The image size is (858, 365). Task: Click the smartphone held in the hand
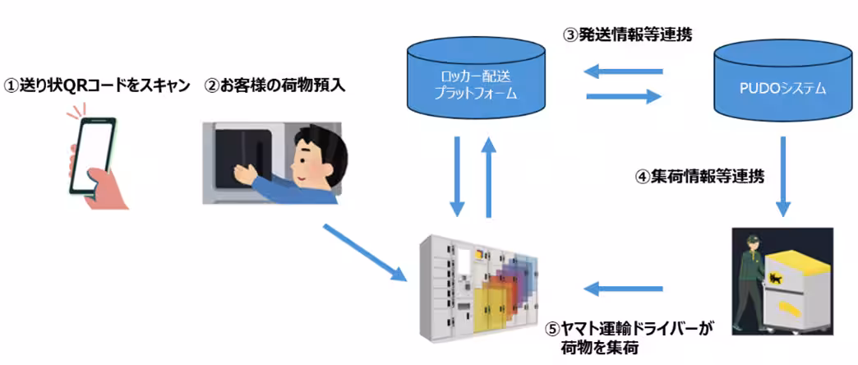(92, 156)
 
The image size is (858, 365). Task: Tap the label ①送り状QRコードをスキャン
(98, 85)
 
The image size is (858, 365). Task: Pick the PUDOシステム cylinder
(780, 81)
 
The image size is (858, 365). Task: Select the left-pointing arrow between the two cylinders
(624, 72)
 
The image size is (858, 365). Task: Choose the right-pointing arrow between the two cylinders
(624, 97)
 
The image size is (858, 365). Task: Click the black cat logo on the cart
(777, 280)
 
